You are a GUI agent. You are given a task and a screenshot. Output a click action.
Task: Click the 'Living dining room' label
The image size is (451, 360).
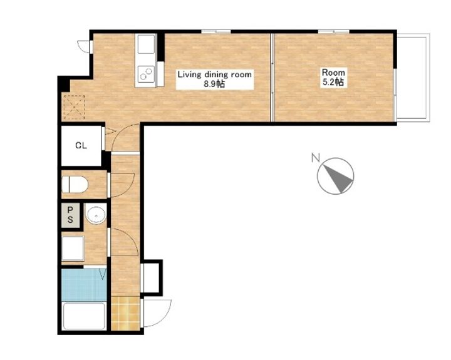[215, 75]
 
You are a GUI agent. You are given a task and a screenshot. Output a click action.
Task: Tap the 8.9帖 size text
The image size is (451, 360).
[214, 84]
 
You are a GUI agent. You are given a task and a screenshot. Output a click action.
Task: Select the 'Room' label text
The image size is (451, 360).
[333, 72]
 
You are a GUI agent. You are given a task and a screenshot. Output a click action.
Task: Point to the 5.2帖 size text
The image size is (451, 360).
[333, 82]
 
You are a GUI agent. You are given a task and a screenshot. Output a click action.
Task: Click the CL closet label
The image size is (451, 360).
[81, 145]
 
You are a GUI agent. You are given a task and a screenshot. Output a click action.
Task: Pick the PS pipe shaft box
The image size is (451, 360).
[70, 215]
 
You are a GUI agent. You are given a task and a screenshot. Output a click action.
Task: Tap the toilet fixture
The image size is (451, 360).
[75, 185]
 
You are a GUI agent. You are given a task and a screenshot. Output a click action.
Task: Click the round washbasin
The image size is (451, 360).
[96, 215]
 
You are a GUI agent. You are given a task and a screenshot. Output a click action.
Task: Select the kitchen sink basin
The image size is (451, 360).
[146, 44]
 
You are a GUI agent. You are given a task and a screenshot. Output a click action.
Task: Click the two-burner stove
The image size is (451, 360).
[146, 74]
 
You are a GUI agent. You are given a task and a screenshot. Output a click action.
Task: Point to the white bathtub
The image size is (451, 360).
[84, 316]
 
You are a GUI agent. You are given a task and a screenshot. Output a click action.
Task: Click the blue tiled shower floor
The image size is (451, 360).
[84, 285]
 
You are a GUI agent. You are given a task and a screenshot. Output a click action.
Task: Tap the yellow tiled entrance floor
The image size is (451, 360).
[125, 313]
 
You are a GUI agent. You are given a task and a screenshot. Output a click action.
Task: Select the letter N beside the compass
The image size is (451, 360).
[316, 158]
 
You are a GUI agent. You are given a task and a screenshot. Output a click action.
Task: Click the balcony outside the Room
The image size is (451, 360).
[413, 78]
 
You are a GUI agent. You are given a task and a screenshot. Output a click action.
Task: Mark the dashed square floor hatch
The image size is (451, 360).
[74, 107]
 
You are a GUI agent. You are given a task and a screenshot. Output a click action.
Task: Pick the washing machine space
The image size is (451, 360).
[73, 248]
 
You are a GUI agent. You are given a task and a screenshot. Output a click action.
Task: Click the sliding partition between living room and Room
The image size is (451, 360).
[272, 78]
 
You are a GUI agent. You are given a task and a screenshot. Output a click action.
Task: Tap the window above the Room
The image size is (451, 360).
[334, 31]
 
